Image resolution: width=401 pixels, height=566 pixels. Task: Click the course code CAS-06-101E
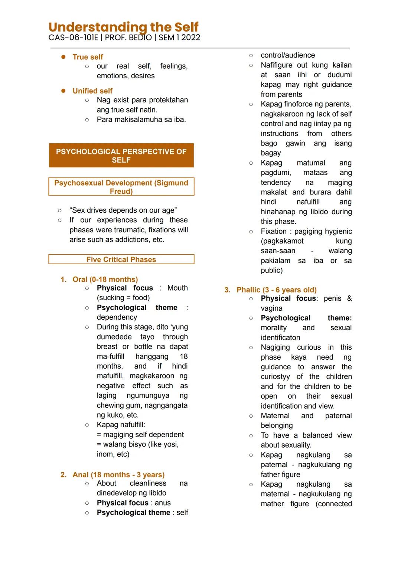click(x=73, y=37)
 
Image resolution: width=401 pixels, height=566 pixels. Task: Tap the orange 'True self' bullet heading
click(x=88, y=57)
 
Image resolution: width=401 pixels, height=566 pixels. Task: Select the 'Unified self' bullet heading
click(x=92, y=91)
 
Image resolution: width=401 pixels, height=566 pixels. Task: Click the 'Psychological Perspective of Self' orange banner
click(x=121, y=156)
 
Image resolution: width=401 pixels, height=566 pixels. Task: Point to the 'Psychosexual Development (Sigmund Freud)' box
click(x=121, y=187)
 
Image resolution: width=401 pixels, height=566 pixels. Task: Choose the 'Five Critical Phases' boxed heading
click(x=121, y=259)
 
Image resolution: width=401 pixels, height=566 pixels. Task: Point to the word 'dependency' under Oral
click(x=117, y=317)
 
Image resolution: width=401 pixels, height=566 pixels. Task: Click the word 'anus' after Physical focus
click(x=163, y=503)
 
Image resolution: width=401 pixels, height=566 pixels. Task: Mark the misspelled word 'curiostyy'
click(x=275, y=377)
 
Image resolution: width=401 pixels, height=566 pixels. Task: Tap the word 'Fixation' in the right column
click(x=274, y=231)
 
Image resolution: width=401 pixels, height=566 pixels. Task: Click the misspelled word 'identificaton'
click(x=280, y=338)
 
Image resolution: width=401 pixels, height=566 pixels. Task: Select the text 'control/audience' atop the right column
click(x=288, y=55)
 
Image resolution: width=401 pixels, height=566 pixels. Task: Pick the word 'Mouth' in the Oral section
click(x=177, y=288)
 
